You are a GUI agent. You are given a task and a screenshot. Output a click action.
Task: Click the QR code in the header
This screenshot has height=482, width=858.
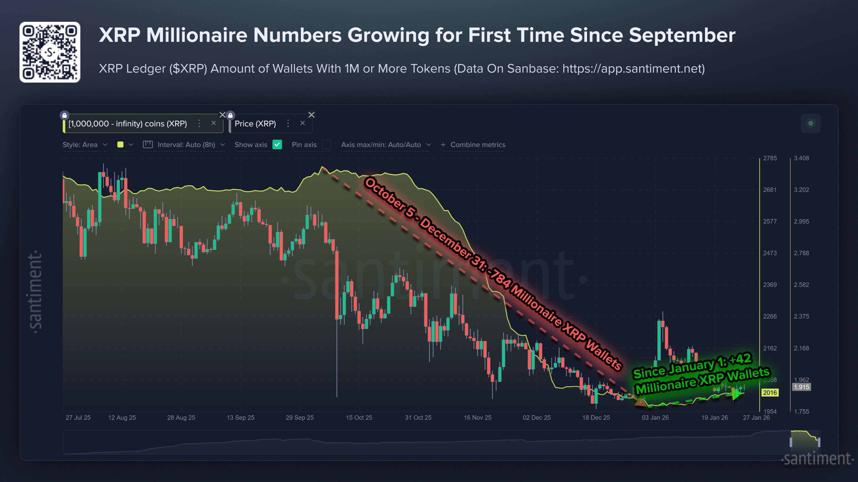point(50,52)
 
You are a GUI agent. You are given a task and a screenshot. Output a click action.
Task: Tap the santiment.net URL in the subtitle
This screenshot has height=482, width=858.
point(633,68)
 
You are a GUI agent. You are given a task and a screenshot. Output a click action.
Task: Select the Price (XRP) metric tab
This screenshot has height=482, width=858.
point(255,124)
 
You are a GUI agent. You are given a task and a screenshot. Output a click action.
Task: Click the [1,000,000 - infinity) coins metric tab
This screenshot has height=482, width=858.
point(128,124)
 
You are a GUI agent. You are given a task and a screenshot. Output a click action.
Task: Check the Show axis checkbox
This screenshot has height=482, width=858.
point(277,144)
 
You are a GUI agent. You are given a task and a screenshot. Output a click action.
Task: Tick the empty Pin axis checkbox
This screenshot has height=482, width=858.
point(327,144)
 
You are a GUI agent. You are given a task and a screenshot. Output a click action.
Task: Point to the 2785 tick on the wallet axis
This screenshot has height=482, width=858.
point(770,158)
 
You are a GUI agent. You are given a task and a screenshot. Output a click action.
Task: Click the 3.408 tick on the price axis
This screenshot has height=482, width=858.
point(801,158)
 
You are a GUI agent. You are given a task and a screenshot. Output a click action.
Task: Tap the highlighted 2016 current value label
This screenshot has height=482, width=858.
point(770,392)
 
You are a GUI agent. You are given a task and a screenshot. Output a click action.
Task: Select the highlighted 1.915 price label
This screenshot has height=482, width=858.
point(801,387)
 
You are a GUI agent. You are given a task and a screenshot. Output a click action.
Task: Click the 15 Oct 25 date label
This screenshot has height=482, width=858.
point(359,417)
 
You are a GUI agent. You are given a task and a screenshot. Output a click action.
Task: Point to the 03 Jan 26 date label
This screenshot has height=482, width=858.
point(655,417)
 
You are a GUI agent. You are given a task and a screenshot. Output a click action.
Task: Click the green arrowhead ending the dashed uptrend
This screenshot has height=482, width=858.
point(737,395)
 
